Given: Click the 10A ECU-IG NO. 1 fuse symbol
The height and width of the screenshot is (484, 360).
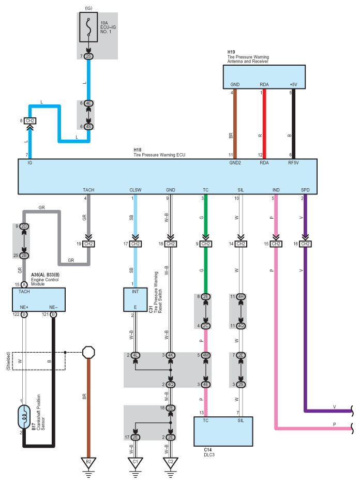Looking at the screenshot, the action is pos(88,27).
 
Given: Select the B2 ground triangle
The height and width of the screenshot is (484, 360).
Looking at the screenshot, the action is pos(88,463).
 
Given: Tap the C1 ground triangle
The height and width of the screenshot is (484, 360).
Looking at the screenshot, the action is pos(135,463).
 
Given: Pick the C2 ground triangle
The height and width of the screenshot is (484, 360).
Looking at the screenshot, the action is pos(170,463).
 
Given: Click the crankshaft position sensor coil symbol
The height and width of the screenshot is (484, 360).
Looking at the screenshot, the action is pos(24,417).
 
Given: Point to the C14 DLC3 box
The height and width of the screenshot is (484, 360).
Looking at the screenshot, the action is pos(223,431).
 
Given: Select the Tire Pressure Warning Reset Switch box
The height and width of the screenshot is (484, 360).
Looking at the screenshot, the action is pos(135,300).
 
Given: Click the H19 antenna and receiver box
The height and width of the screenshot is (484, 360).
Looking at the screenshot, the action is pos(264,77).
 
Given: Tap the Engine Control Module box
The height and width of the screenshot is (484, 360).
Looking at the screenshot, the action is pos(39,300).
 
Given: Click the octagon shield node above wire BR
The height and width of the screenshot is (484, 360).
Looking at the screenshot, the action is pos(88,352).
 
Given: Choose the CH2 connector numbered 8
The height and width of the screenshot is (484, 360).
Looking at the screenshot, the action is pos(30,120).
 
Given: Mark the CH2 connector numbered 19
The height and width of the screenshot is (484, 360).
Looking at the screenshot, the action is pos(88,244).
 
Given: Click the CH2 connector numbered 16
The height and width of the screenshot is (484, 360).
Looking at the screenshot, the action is pos(305,244).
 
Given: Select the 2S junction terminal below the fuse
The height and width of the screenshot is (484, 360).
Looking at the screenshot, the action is pos(88,56).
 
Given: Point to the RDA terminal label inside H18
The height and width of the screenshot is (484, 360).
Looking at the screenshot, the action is pos(264,163).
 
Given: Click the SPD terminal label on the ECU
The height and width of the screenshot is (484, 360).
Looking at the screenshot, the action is pos(305,190).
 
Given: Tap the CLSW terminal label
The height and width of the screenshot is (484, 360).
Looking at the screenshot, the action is pos(135,190).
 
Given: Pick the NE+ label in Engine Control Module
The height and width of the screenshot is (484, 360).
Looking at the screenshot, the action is pos(24,307).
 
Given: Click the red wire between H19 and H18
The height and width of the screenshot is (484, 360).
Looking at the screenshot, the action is pos(264,124).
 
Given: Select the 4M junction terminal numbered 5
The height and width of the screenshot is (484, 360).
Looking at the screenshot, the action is pos(206,355).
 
